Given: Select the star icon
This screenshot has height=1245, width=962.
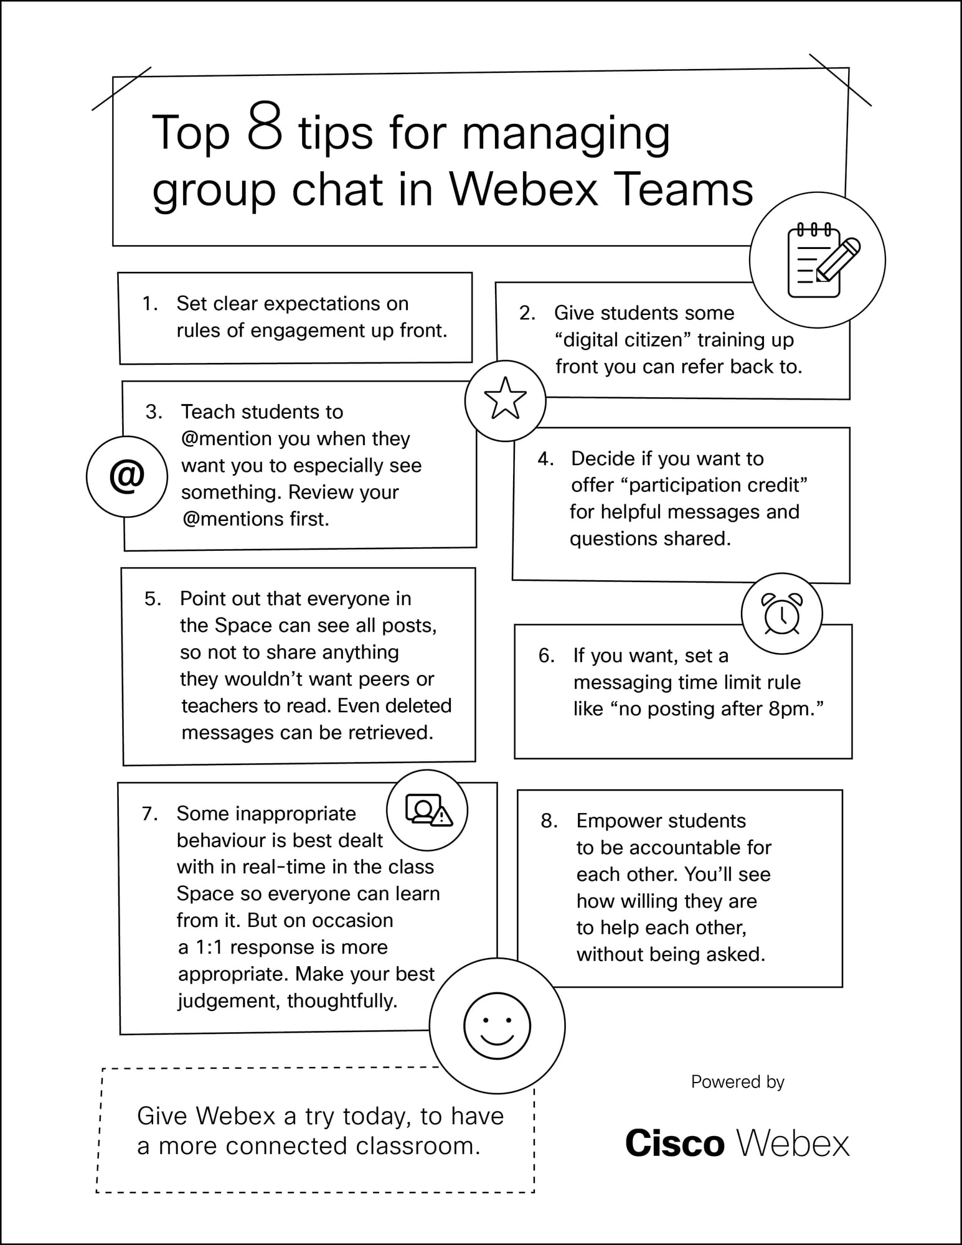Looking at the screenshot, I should click(505, 398).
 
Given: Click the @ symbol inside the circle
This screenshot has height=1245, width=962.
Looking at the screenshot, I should click(126, 476).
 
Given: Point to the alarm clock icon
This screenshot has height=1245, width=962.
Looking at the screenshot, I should click(782, 613).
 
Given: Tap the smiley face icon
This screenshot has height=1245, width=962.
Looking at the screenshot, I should click(497, 1026).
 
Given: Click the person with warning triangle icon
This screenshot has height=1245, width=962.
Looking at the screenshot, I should click(428, 810).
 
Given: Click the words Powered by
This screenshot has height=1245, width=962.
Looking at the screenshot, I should click(737, 1082).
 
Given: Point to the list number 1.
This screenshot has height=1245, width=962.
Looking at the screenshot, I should click(149, 304).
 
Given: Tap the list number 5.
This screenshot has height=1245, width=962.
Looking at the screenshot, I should click(153, 599).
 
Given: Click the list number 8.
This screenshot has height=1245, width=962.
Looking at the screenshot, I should click(549, 821).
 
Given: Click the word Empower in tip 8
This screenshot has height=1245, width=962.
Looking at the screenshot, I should click(615, 821).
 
